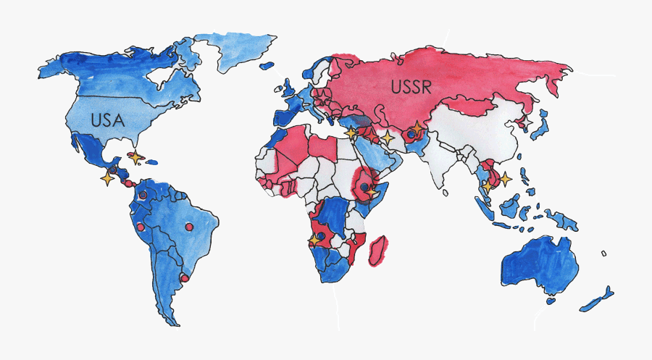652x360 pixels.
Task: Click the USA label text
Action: point(108,120)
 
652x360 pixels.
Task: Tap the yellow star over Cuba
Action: point(135,156)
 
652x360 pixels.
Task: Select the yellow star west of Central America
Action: point(108,177)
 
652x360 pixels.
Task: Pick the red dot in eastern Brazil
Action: point(190,227)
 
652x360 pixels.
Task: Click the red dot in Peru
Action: point(141,230)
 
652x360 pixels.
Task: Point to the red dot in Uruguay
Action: point(184,277)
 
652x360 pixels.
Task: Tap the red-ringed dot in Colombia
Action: point(143,195)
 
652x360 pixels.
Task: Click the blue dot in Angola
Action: point(319,235)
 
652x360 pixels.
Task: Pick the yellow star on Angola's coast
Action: point(314,238)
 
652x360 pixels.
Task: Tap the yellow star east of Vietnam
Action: point(505,177)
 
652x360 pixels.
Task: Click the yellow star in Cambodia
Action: point(488,185)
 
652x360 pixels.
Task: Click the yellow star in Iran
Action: point(388,136)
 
